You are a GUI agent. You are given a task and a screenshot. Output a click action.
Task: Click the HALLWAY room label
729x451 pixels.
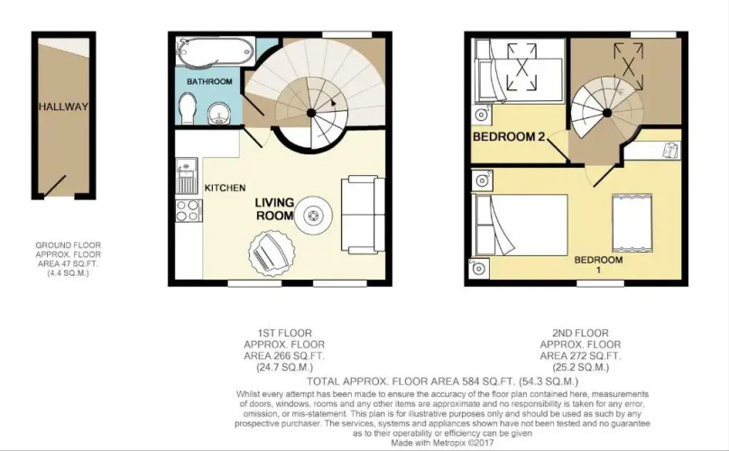click(63, 106)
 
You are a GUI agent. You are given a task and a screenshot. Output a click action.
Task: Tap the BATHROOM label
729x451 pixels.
click(209, 81)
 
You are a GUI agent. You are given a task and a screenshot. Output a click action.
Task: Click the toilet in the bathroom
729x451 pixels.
click(188, 108)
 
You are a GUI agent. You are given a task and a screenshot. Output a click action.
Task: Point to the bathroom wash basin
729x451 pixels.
click(218, 114)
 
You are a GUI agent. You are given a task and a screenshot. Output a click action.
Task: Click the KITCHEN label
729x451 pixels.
click(225, 188)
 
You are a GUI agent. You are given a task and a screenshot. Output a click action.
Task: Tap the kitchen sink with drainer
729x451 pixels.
click(187, 176)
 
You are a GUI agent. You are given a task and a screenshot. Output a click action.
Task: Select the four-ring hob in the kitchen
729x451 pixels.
click(189, 210)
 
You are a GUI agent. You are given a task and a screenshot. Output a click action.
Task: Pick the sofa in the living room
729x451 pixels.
click(363, 215)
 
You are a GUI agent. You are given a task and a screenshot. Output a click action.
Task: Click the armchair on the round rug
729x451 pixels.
click(270, 253)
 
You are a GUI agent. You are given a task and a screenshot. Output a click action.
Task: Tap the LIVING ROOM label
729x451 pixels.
click(275, 208)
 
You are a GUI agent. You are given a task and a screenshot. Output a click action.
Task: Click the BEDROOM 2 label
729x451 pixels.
click(509, 137)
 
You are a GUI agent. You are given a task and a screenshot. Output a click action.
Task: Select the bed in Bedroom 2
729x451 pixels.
click(518, 70)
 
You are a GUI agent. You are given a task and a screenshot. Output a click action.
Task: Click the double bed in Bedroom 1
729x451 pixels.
click(520, 225)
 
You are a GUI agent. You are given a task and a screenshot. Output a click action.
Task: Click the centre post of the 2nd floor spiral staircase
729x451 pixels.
click(606, 113)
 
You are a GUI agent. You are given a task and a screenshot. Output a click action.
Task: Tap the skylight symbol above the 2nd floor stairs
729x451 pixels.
click(628, 67)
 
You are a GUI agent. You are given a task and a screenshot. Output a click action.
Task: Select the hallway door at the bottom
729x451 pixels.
click(55, 185)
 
